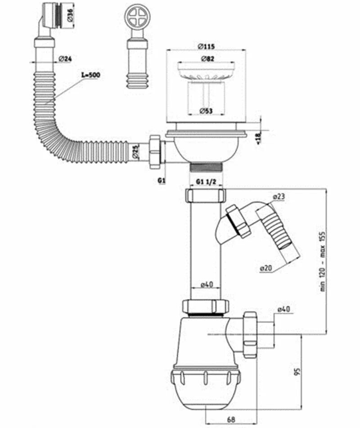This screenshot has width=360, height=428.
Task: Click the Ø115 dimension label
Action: [x=206, y=46]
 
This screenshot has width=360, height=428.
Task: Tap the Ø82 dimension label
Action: [x=207, y=59]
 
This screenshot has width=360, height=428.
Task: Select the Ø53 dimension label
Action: [x=206, y=111]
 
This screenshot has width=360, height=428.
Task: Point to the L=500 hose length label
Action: [x=90, y=74]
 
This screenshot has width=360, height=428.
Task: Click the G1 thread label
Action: [x=162, y=180]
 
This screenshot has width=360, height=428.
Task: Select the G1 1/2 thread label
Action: [x=207, y=181]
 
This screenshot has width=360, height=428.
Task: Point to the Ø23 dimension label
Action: [x=279, y=196]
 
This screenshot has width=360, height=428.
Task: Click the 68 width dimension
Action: [x=230, y=420]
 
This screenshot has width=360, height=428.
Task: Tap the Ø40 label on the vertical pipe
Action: [x=206, y=284]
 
